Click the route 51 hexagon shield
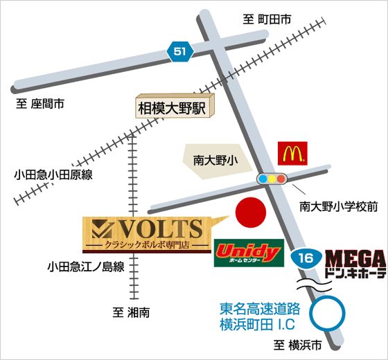(180, 52)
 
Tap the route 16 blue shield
(306, 258)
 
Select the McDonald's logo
(292, 153)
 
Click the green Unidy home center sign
(249, 253)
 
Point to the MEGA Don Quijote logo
(355, 264)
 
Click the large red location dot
(251, 213)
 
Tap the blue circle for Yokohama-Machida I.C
(328, 313)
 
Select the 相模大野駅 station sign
(175, 106)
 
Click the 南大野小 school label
(215, 161)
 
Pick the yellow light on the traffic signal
(272, 179)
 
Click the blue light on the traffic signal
(263, 179)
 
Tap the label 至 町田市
(267, 19)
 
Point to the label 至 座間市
(40, 104)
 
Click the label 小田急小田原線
(53, 174)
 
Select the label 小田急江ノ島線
(86, 267)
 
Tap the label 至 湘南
(131, 312)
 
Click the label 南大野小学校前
(339, 206)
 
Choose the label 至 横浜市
(298, 345)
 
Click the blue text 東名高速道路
(260, 309)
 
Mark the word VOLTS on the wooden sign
(161, 228)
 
